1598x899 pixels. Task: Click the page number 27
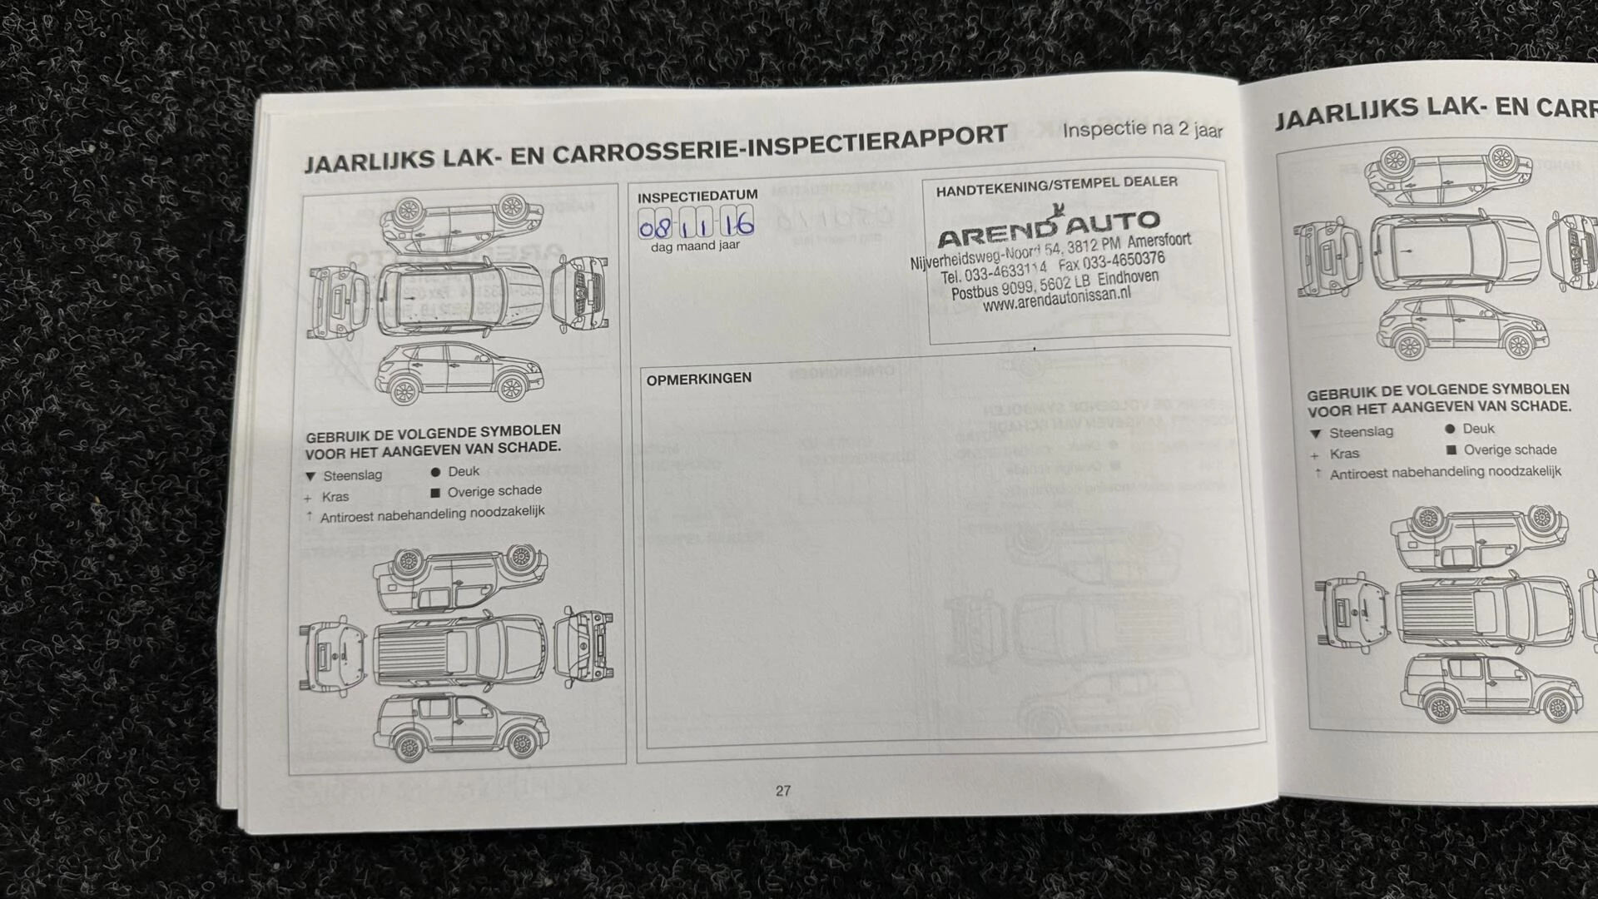pos(782,791)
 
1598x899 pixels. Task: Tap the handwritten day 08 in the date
pos(654,226)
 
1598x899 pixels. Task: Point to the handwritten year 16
pos(737,222)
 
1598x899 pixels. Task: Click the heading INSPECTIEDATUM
pos(697,196)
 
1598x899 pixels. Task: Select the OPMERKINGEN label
pos(698,379)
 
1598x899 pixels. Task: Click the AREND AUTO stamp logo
pos(1048,228)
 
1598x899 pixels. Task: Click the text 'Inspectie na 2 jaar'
pos(1142,130)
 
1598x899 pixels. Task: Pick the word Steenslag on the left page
pos(352,475)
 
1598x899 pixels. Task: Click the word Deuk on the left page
pos(464,471)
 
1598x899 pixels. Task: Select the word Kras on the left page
pos(335,497)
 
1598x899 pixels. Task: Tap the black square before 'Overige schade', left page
pos(435,493)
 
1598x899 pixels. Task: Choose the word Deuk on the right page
pos(1478,429)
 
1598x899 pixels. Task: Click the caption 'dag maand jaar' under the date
pos(695,246)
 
